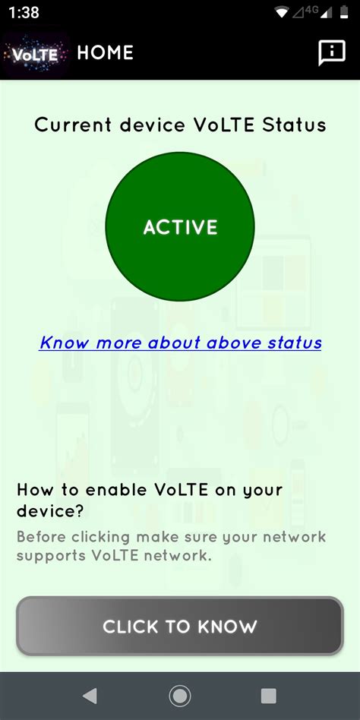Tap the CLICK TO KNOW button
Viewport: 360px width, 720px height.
click(x=180, y=627)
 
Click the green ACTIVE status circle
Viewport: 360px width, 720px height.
click(x=180, y=227)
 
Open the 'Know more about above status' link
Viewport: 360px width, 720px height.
click(x=180, y=343)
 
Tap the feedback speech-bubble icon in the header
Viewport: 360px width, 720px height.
click(x=331, y=52)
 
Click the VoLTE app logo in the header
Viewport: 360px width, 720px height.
click(x=35, y=54)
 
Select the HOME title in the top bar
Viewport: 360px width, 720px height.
click(x=105, y=52)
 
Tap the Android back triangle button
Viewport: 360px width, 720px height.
click(x=90, y=696)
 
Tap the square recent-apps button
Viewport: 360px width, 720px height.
click(x=268, y=696)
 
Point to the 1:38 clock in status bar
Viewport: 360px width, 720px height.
click(x=25, y=13)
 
